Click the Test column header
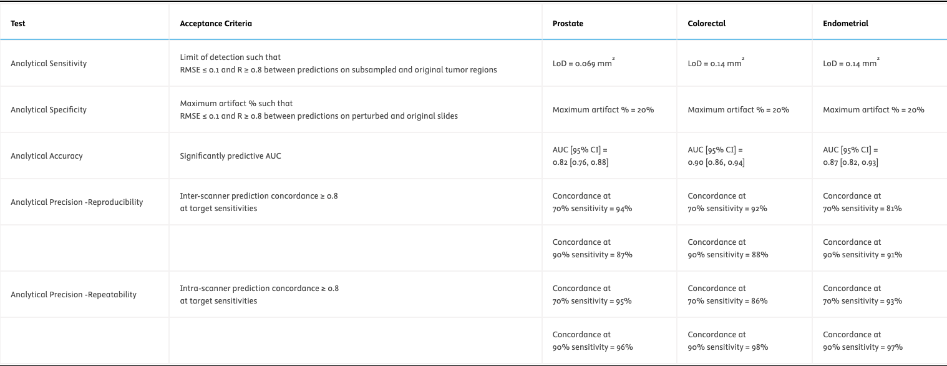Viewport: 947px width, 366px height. tap(18, 24)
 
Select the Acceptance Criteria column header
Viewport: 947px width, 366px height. tap(216, 24)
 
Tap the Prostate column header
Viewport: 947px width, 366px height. tap(568, 24)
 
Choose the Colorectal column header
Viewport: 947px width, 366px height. tap(706, 24)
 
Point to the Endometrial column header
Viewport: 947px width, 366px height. tap(845, 24)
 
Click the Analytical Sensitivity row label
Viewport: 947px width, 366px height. tap(49, 64)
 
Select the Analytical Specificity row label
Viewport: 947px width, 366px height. tap(49, 110)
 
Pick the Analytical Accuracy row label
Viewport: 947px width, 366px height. tap(47, 156)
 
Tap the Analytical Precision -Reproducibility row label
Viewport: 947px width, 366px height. tap(77, 202)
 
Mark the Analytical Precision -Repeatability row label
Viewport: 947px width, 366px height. tap(74, 295)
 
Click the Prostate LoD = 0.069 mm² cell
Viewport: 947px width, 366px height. tap(583, 64)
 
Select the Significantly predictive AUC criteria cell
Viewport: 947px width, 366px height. tap(230, 156)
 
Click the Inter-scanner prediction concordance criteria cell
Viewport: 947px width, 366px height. tap(258, 202)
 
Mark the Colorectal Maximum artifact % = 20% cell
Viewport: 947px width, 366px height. tap(738, 110)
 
